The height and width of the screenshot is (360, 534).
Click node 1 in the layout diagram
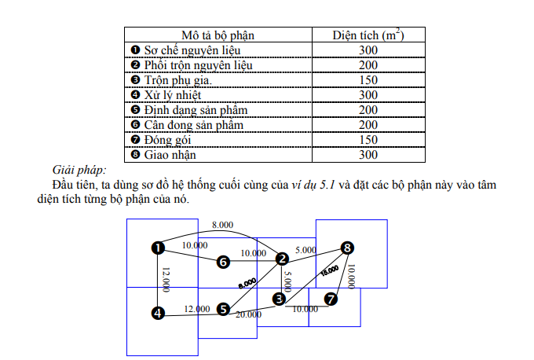pyautogui.click(x=158, y=248)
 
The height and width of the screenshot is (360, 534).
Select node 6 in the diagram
pyautogui.click(x=223, y=261)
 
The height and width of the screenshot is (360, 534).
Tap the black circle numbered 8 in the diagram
pyautogui.click(x=347, y=248)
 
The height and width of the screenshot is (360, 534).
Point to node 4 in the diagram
pyautogui.click(x=158, y=313)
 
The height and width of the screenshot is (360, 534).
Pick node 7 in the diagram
pyautogui.click(x=331, y=299)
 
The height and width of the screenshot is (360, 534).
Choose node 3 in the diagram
pyautogui.click(x=279, y=299)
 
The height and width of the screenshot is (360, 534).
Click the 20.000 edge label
pyautogui.click(x=248, y=314)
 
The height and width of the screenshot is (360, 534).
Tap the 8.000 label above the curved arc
pyautogui.click(x=223, y=225)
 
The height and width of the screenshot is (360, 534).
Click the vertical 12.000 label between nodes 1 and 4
pyautogui.click(x=165, y=280)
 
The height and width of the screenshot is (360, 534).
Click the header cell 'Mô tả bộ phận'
pyautogui.click(x=218, y=35)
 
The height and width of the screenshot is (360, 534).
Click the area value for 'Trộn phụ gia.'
pyautogui.click(x=368, y=80)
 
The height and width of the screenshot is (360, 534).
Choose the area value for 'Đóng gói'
pyautogui.click(x=368, y=140)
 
